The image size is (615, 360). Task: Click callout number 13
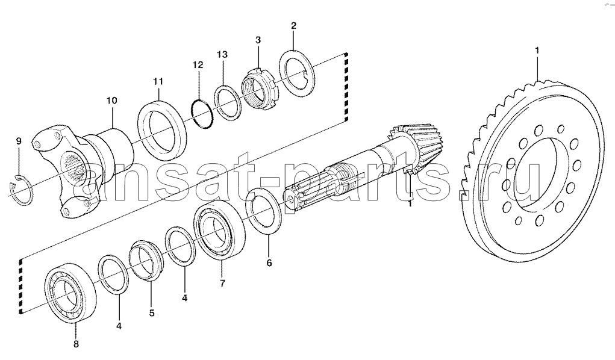(222, 54)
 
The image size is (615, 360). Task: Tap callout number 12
(198, 64)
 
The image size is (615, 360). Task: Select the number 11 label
(158, 81)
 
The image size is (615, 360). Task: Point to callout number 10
(112, 101)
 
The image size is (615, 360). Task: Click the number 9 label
(19, 141)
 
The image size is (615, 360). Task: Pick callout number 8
(76, 344)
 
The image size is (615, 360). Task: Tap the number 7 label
(222, 283)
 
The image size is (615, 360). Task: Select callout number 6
(269, 262)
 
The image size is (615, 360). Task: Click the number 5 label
(152, 313)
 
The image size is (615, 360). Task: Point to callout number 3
(258, 40)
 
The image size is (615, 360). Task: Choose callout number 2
(293, 26)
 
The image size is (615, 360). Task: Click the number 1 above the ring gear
(537, 50)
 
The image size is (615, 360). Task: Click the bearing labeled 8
(70, 293)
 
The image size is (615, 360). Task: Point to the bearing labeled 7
(220, 230)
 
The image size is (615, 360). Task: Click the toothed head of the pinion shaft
(416, 147)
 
